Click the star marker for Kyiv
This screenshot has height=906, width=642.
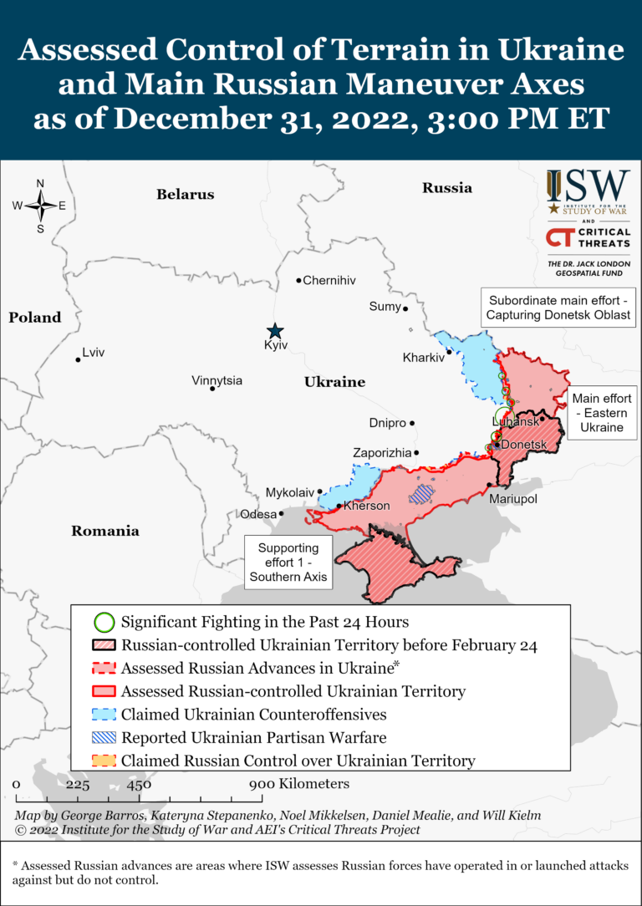(273, 331)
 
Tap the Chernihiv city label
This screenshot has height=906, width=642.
(329, 281)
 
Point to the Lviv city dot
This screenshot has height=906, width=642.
(78, 359)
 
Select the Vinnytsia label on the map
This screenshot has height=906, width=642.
(217, 380)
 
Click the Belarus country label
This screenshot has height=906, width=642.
(185, 195)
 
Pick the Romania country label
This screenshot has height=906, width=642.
(104, 531)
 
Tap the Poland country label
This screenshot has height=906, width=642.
(35, 318)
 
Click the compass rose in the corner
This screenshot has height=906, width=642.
(40, 205)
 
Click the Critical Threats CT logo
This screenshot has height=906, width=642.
(588, 238)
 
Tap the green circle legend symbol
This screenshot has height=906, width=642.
(104, 623)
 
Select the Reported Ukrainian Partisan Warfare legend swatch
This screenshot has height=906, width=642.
(104, 738)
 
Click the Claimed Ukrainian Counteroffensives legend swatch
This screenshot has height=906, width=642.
(104, 715)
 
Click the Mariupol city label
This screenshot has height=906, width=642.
(513, 499)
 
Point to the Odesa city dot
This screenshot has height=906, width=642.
(281, 513)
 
